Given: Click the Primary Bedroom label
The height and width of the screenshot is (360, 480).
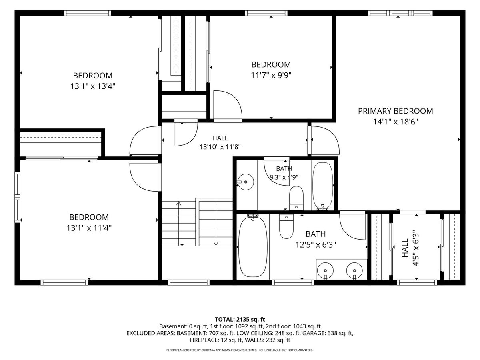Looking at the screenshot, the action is click(395, 111).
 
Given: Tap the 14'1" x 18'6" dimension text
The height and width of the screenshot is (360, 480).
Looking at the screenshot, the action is click(395, 122).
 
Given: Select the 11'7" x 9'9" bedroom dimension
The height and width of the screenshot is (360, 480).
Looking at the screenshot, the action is click(271, 76).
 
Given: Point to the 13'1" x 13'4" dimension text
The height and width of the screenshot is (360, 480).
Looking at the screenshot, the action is click(92, 86).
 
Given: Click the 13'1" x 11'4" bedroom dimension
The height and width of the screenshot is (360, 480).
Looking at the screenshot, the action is click(89, 228).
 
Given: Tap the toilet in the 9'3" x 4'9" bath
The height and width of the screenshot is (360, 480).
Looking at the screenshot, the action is click(296, 198).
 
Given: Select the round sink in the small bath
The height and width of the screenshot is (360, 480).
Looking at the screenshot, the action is click(246, 182).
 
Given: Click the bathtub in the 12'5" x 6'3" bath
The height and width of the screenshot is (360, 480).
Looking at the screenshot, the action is click(253, 247).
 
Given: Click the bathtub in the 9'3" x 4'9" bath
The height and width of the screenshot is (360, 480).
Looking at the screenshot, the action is click(322, 186).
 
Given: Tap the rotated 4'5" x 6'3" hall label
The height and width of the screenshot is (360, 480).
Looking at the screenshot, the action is click(410, 248).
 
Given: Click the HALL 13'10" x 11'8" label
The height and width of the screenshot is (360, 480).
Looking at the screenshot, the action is click(220, 142).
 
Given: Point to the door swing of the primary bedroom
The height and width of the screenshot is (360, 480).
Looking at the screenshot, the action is click(325, 140).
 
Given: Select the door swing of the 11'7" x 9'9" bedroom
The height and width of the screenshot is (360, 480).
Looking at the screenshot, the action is click(228, 105).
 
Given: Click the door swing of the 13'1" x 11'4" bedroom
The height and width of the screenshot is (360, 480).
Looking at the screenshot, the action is click(144, 177).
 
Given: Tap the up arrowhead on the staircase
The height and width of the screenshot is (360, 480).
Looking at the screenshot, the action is click(179, 203).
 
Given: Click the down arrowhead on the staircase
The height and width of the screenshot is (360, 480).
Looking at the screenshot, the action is click(216, 244).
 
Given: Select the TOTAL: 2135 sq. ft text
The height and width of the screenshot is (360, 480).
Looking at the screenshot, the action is click(240, 319).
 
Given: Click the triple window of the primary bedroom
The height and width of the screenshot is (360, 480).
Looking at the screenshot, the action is click(400, 13).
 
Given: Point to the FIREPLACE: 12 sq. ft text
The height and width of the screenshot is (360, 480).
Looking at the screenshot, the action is click(216, 340).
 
